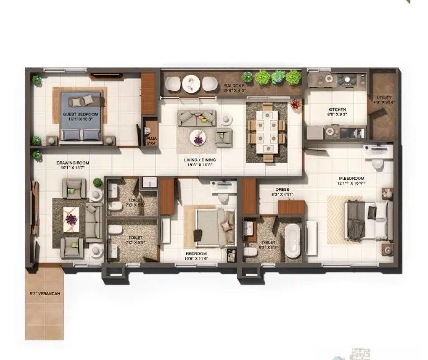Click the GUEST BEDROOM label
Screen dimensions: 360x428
coord(81,114)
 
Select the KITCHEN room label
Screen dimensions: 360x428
coord(337,110)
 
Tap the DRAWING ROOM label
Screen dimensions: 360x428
coord(73,163)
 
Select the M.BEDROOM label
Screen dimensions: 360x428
coord(351,179)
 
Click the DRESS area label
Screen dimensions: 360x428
coord(282,190)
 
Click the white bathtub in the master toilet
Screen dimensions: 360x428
coord(293,241)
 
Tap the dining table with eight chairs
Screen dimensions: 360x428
coord(267,132)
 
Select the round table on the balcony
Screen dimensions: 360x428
coord(191,84)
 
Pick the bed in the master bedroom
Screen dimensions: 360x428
coord(366,219)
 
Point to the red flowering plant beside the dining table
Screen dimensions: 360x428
coord(295,104)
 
